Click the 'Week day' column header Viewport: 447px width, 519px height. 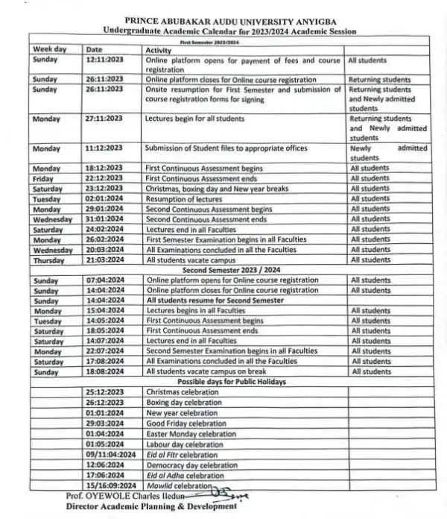(50, 48)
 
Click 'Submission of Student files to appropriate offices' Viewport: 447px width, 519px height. (226, 148)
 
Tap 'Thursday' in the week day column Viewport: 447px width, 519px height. (49, 260)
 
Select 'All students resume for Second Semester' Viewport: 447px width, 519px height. (215, 300)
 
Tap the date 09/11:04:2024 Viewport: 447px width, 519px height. (110, 454)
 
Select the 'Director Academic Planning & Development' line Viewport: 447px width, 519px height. (151, 506)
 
